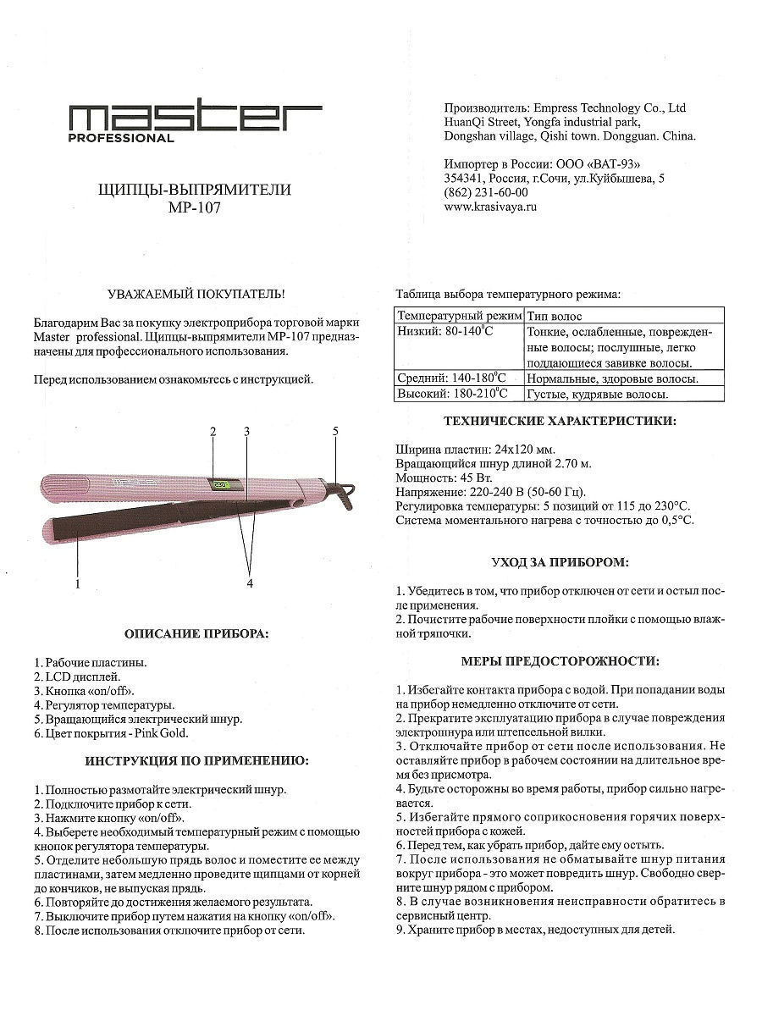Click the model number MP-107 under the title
(195, 207)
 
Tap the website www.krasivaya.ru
(490, 206)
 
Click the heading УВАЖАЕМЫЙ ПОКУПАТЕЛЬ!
(196, 295)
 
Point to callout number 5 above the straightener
(335, 431)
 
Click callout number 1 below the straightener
(77, 583)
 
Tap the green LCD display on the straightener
(222, 486)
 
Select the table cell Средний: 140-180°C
(452, 378)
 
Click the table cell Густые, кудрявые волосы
(598, 394)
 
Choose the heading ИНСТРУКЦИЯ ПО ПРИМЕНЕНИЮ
(196, 761)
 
